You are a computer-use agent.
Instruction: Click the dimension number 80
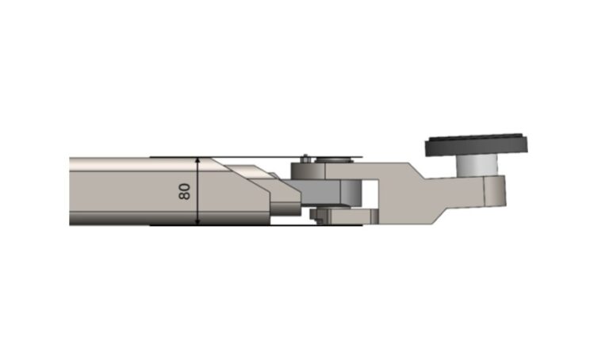(x=185, y=191)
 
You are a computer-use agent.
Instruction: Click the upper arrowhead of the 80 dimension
(x=197, y=160)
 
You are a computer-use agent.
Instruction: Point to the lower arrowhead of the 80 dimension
(x=197, y=222)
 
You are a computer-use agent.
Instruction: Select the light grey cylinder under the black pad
(x=477, y=165)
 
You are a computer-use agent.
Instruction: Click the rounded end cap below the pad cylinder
(x=495, y=190)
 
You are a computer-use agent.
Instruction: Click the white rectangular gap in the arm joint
(x=370, y=194)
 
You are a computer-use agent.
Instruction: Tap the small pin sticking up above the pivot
(x=306, y=157)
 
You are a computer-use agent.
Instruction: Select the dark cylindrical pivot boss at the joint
(x=308, y=170)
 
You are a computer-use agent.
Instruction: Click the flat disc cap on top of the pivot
(x=334, y=159)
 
